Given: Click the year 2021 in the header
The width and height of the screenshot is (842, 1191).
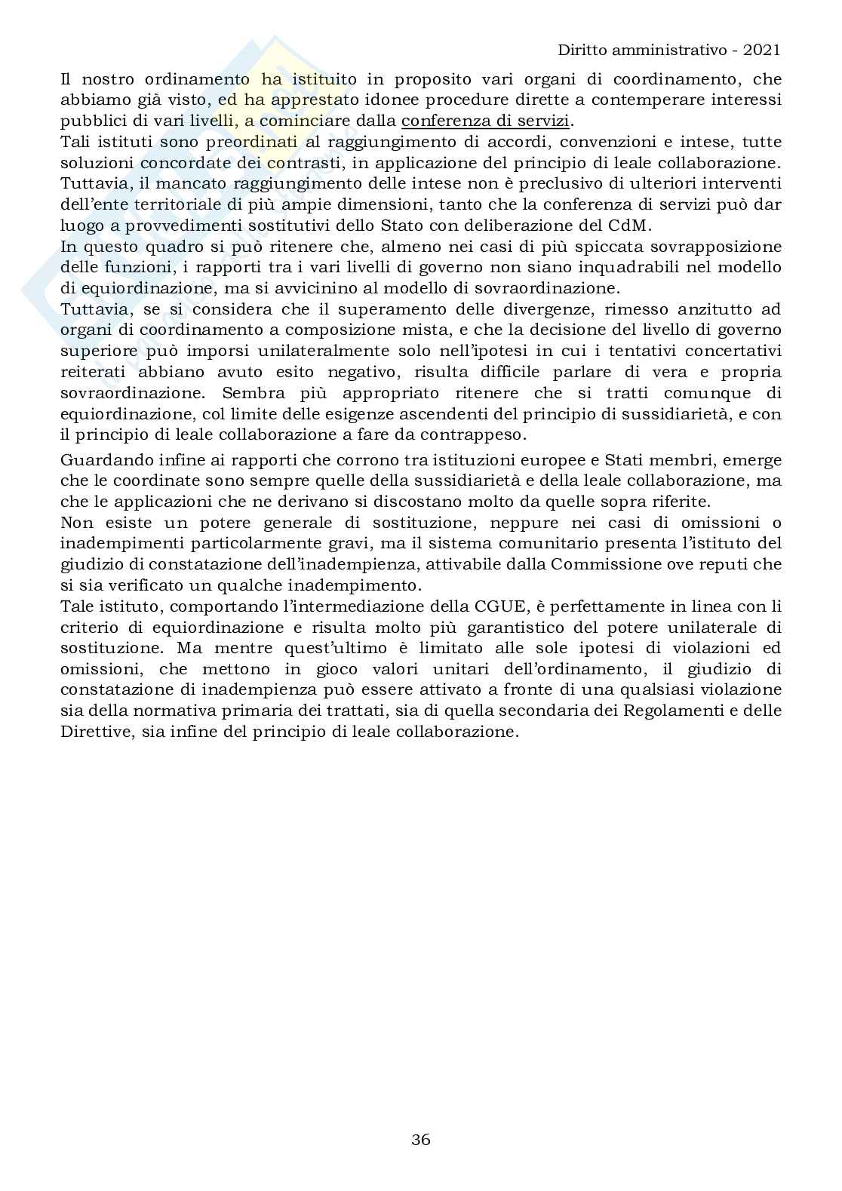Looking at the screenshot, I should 761,50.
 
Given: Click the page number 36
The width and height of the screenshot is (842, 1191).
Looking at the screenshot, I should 421,1139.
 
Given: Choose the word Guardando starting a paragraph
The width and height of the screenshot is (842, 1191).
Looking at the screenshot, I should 100,460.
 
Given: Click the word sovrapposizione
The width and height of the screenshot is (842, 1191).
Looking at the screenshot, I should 720,247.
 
